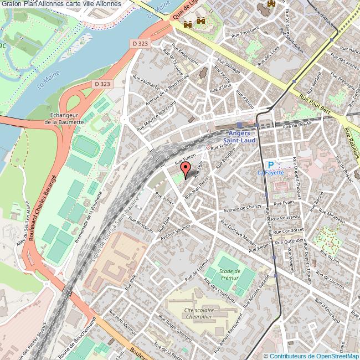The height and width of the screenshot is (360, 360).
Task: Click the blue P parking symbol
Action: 271,164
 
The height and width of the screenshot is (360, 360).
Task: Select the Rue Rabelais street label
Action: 350,142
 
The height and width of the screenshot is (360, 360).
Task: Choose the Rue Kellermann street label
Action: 184,52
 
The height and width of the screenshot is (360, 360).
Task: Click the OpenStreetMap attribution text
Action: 311,356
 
